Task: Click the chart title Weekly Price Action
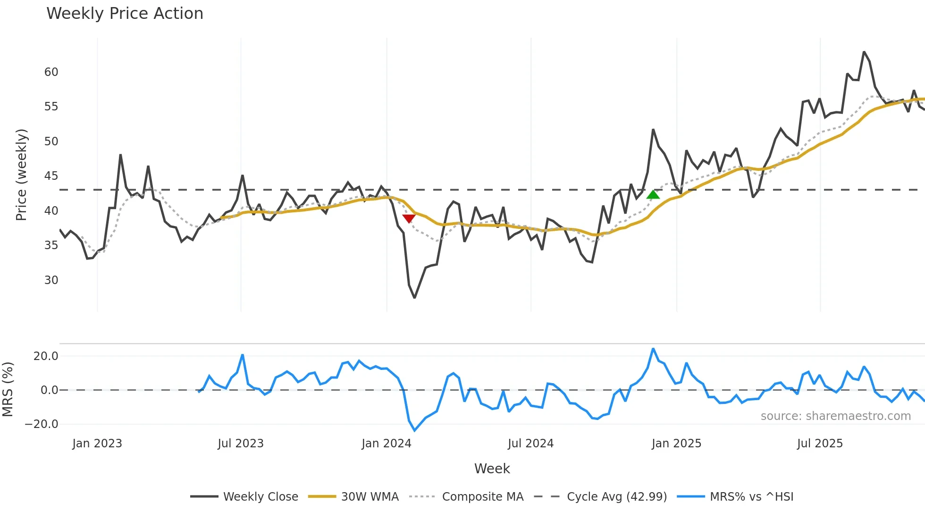point(125,14)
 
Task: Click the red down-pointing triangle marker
point(409,218)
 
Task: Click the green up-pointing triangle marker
point(653,194)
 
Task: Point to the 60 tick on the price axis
point(51,72)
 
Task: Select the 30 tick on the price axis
point(51,280)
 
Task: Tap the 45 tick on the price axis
point(51,176)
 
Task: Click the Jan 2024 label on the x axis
point(386,444)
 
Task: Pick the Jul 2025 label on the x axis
point(819,444)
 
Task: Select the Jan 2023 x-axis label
point(97,444)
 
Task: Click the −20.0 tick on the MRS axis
point(42,424)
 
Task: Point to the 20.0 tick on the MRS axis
point(45,356)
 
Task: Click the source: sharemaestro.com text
point(835,416)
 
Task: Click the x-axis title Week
point(492,469)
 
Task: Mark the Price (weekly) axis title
point(21,175)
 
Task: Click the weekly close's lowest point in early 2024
point(414,298)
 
